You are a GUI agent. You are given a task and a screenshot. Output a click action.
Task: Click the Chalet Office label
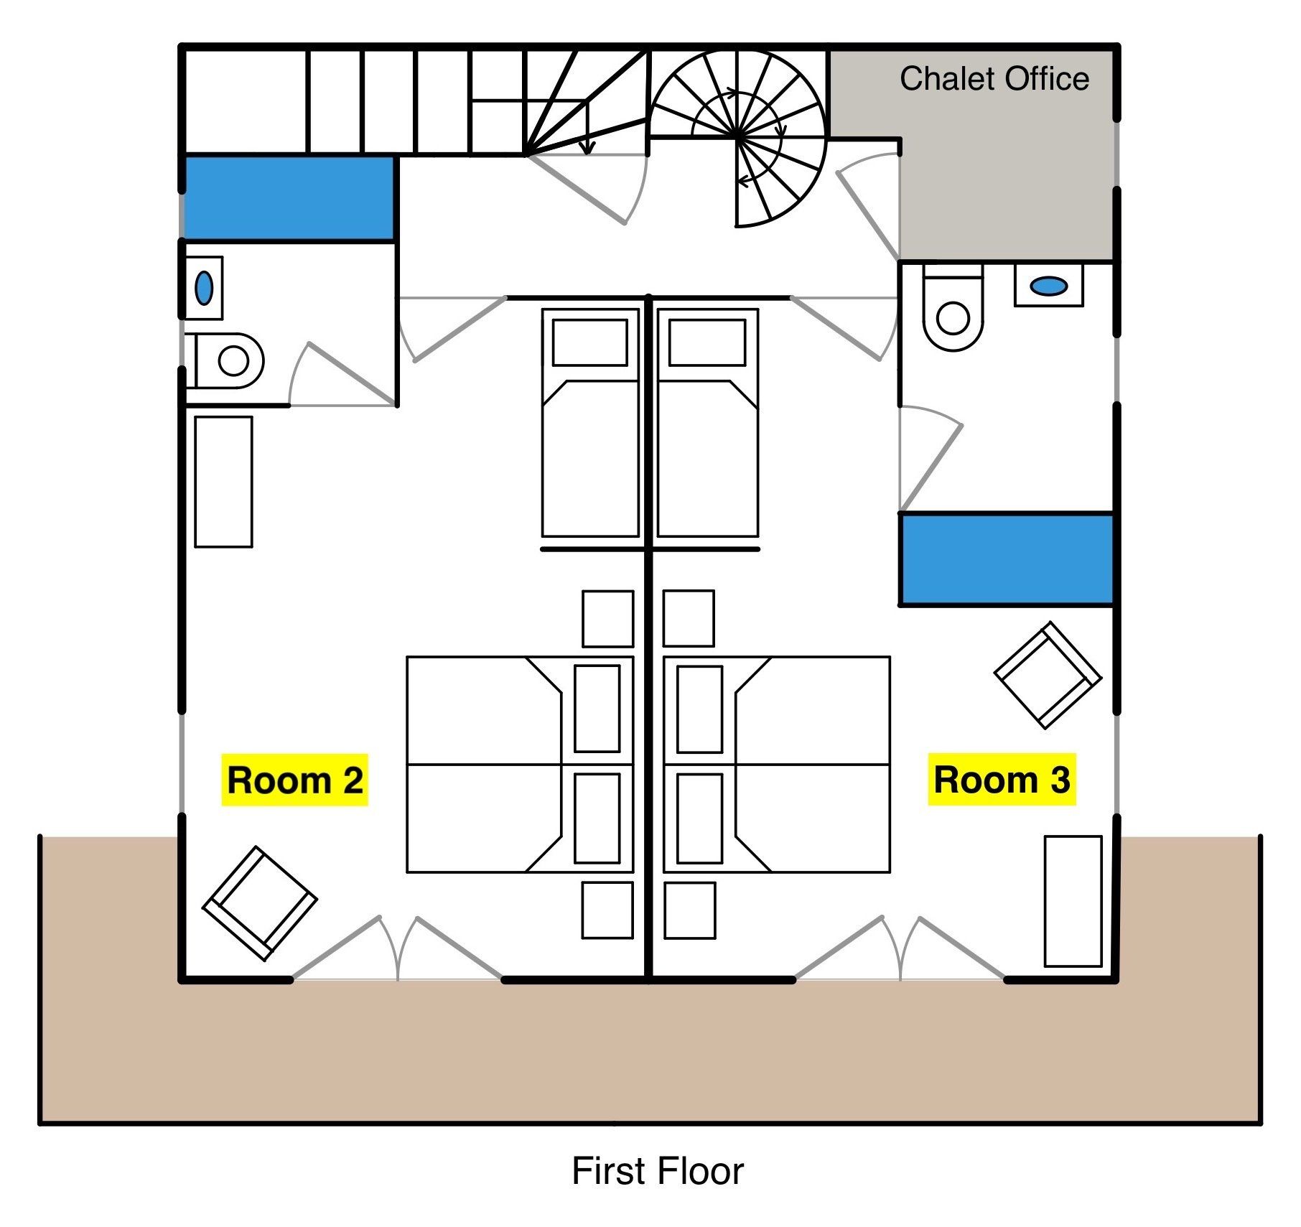coord(994,79)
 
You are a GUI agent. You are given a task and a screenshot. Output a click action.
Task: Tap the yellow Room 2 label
coord(294,780)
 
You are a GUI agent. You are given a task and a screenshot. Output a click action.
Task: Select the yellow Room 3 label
coord(1002,779)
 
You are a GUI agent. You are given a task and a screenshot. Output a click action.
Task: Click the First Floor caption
coord(657,1171)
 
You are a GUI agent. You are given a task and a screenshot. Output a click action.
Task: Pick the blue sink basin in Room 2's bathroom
coord(204,288)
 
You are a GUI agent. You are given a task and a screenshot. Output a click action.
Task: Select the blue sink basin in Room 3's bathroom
coord(1048,286)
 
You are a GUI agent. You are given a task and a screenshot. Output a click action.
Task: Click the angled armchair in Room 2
coord(259,903)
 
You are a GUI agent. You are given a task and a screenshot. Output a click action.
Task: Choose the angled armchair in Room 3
coord(1048,675)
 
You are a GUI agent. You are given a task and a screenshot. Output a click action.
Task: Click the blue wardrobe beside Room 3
coord(1006,559)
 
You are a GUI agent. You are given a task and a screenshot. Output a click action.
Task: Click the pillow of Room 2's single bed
coord(590,342)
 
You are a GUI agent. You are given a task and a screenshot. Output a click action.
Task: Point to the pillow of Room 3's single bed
coord(707,342)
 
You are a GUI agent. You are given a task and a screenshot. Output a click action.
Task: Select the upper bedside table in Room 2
coord(607,619)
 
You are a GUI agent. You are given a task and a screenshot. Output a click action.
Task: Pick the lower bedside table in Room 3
coord(690,910)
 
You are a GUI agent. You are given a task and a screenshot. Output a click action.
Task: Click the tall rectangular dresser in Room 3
coord(1073,901)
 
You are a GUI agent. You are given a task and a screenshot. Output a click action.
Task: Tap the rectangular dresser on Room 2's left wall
coord(223,482)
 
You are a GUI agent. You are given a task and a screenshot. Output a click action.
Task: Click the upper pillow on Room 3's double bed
coord(699,709)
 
